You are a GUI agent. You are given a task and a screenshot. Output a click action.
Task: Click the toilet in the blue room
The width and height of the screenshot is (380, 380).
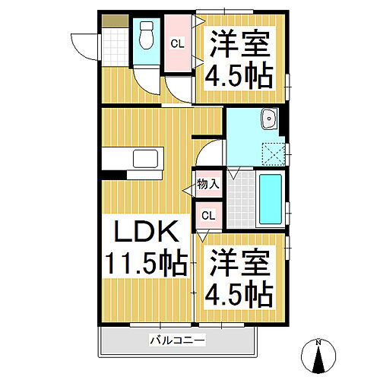147,34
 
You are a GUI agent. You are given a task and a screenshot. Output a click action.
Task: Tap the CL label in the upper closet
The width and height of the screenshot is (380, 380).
176,44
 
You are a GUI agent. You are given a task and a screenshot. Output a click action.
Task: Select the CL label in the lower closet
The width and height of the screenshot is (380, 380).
208,216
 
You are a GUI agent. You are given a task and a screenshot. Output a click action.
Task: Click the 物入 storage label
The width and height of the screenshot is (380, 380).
207,184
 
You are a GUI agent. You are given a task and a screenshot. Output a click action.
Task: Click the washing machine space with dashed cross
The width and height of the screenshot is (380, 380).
272,152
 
